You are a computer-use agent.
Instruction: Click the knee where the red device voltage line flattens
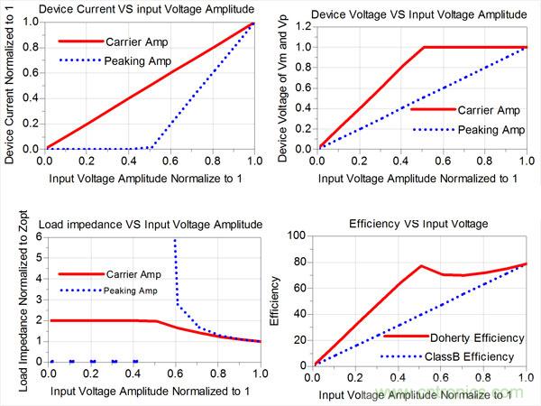coord(423,47)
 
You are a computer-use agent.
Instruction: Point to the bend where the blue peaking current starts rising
coord(151,147)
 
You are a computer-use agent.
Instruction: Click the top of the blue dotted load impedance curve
coord(174,240)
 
